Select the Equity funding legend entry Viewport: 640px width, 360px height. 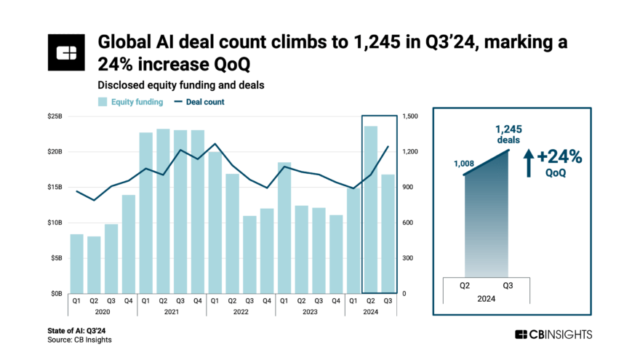coord(131,102)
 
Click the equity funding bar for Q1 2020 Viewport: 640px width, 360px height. coord(76,263)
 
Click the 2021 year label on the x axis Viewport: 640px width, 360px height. coord(172,312)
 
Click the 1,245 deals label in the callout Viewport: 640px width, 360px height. coord(509,135)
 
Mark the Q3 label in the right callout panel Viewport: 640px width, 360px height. coord(507,286)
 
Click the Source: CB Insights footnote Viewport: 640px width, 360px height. coord(79,340)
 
